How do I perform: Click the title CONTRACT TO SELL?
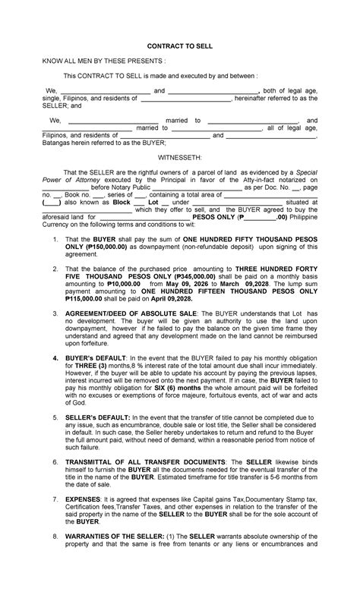180,46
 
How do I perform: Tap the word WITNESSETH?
180,156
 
